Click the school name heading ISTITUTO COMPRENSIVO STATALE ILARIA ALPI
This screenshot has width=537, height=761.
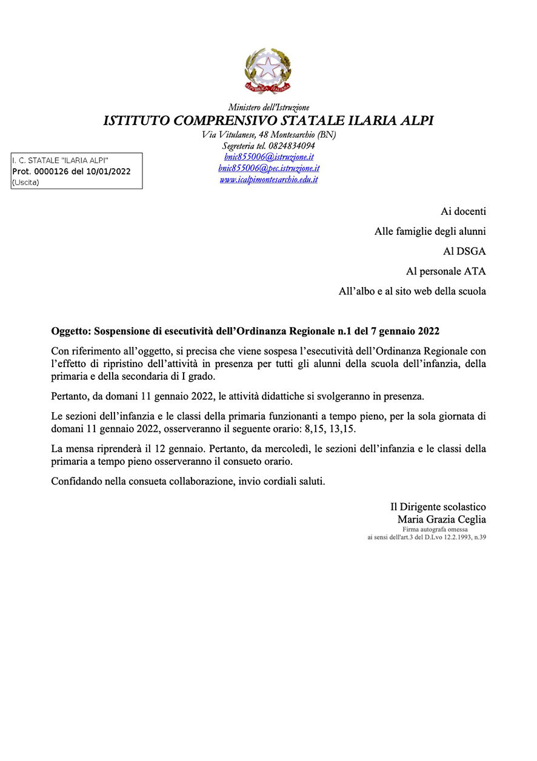[268, 120]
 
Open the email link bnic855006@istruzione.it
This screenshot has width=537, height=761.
[268, 157]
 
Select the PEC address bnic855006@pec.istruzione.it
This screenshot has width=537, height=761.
[268, 168]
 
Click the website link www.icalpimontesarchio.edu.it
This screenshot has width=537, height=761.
[268, 180]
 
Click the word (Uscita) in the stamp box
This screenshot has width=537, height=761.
[25, 182]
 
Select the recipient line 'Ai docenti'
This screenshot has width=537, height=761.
[463, 212]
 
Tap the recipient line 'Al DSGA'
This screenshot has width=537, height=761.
[465, 251]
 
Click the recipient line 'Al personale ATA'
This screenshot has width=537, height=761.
[445, 271]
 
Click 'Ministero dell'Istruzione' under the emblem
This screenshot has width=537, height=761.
[268, 107]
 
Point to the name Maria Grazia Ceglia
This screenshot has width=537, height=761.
[441, 519]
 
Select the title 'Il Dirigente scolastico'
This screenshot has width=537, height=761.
[438, 507]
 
